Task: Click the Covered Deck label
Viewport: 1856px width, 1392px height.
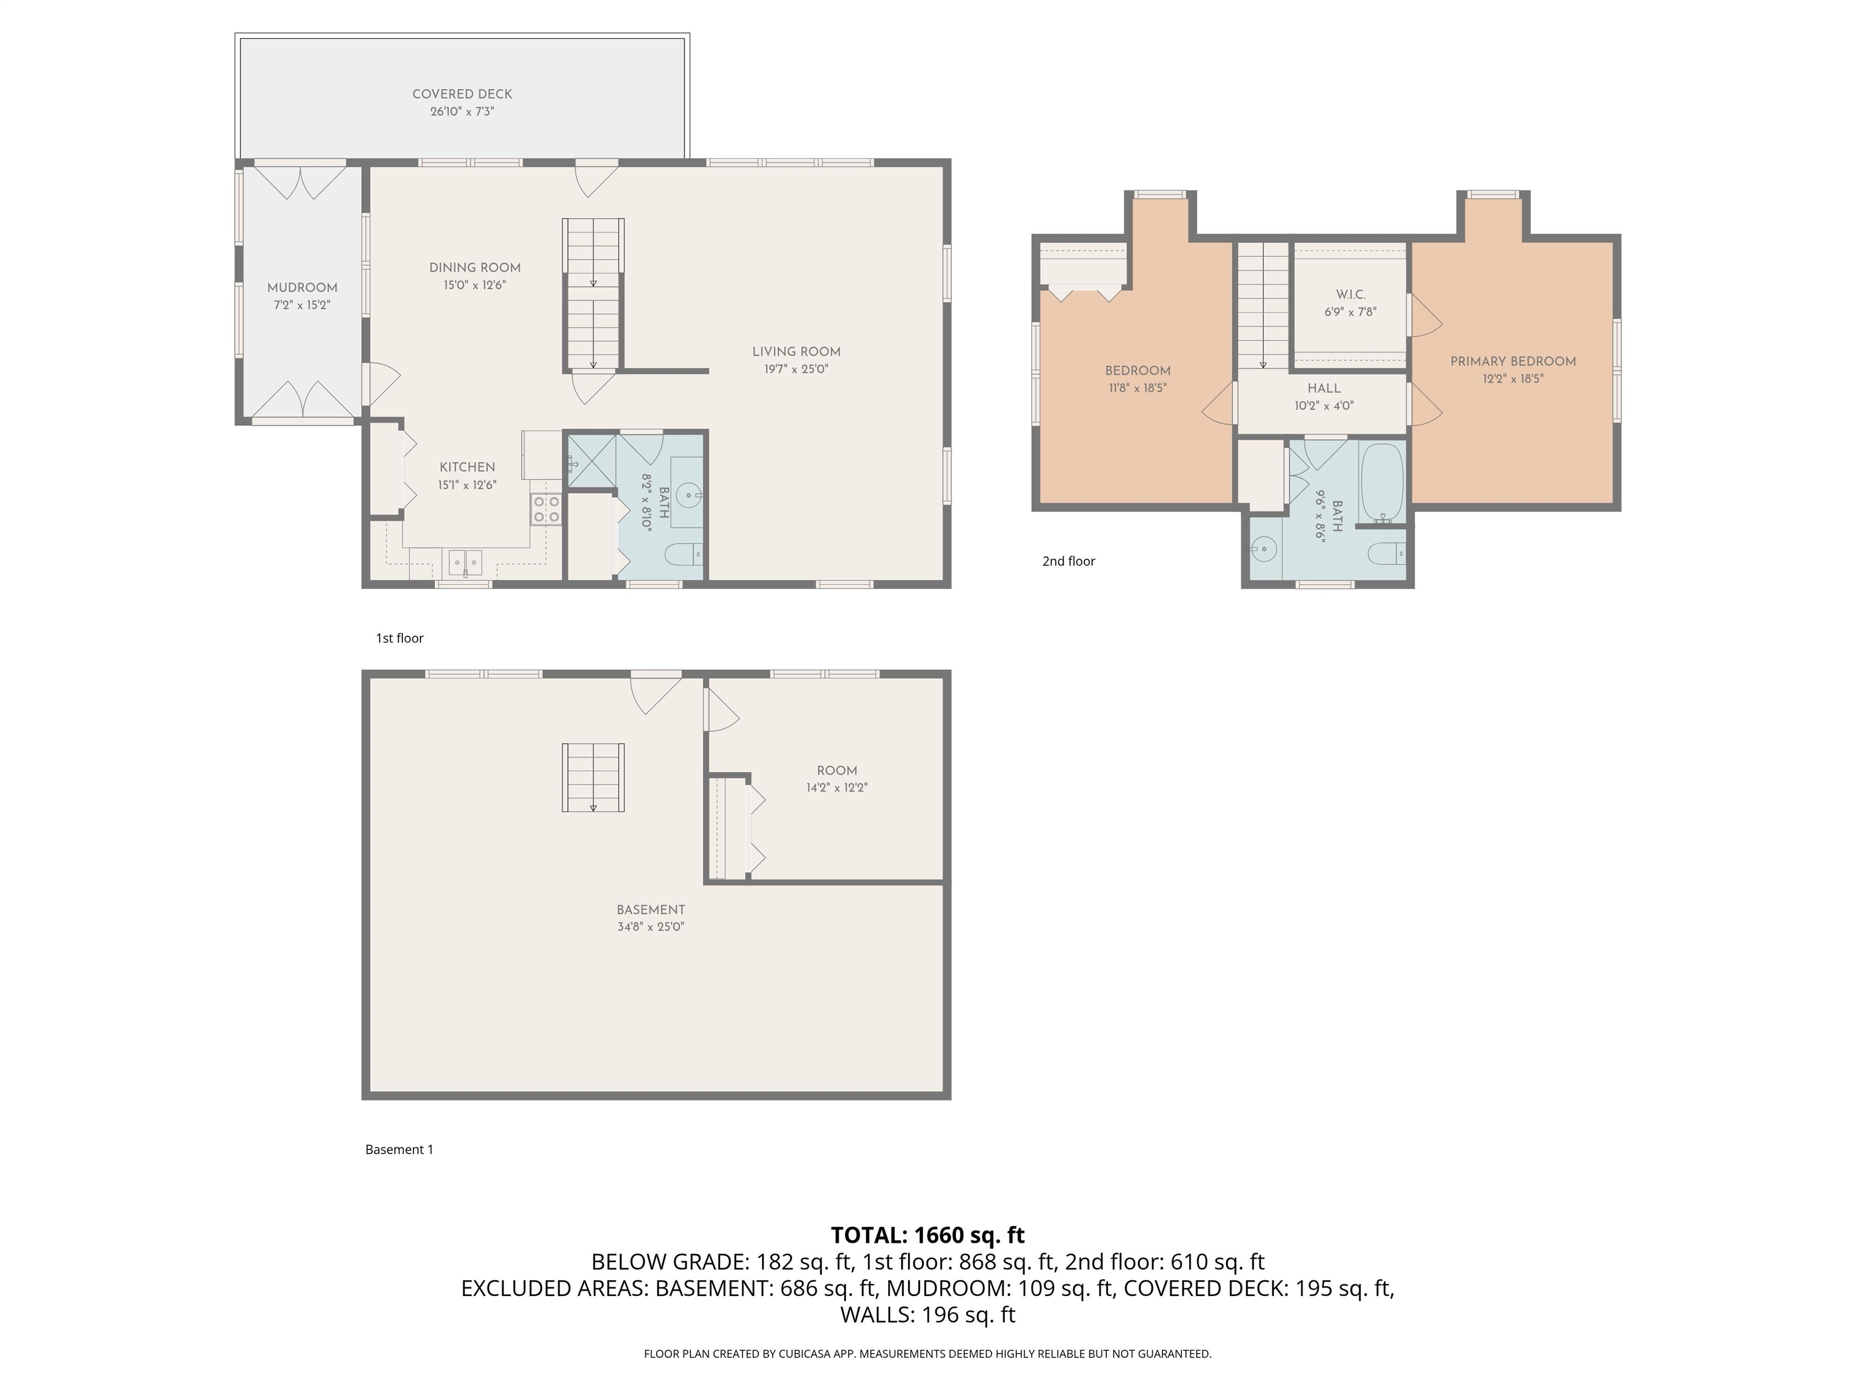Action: click(462, 94)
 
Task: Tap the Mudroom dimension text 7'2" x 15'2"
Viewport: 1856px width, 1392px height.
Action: click(302, 306)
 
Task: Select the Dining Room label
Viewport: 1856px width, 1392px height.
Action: click(475, 268)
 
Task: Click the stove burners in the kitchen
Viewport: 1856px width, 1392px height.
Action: click(546, 509)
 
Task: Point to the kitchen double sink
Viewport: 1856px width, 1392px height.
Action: click(465, 561)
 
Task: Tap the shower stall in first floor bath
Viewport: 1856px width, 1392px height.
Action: click(591, 460)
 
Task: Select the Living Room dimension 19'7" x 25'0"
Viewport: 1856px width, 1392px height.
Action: click(796, 369)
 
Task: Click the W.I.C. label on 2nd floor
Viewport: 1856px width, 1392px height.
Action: click(1350, 294)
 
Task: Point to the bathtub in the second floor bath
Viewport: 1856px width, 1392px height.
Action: click(1382, 483)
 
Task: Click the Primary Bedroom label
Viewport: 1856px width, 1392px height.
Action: click(1513, 362)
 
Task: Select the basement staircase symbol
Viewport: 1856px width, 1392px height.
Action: click(593, 777)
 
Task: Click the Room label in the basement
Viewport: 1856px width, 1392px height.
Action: click(837, 770)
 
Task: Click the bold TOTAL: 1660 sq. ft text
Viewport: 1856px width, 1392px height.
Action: click(927, 1235)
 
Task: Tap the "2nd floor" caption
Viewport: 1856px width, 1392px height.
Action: click(1068, 561)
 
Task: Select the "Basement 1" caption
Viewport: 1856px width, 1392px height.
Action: click(399, 1150)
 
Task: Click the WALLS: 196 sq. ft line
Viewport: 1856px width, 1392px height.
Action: click(927, 1315)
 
